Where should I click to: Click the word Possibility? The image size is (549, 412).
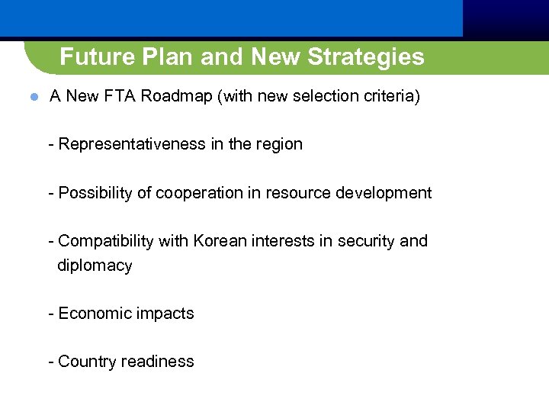[95, 193]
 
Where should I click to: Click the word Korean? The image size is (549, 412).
[220, 241]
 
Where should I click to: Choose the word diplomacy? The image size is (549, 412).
[95, 266]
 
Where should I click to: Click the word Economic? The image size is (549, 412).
[92, 314]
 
